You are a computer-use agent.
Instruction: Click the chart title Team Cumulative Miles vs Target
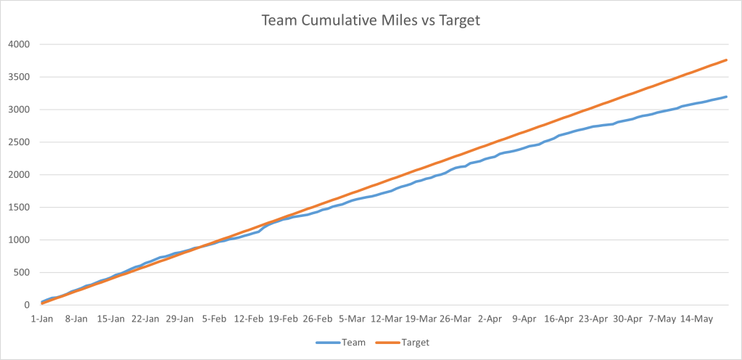371,21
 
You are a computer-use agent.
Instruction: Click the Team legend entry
344,341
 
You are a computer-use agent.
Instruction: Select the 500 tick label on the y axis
22,273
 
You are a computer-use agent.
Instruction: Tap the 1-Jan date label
41,319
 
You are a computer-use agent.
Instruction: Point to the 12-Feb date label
249,319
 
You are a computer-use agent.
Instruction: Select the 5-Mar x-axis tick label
353,319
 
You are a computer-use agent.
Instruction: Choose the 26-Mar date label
455,319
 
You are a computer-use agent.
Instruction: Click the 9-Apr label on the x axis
524,319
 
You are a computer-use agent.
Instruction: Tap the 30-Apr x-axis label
628,319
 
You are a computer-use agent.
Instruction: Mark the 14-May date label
697,319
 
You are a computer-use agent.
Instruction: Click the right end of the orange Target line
726,60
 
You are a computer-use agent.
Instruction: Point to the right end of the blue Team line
726,97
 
